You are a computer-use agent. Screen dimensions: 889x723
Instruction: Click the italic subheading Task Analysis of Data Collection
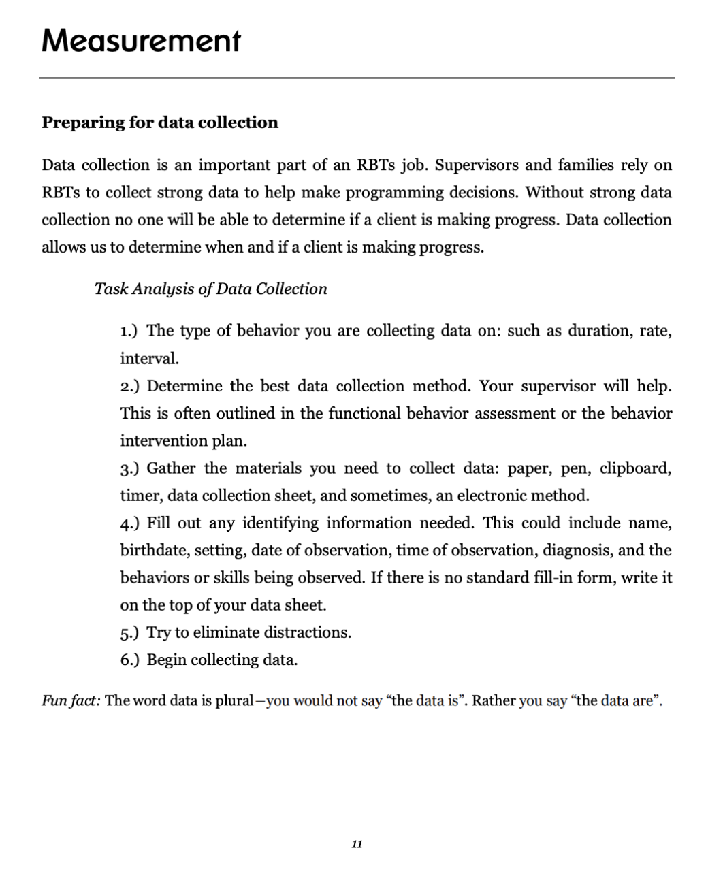210,289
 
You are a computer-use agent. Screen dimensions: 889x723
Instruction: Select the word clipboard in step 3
635,469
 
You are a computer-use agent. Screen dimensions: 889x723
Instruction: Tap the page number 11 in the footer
357,845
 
